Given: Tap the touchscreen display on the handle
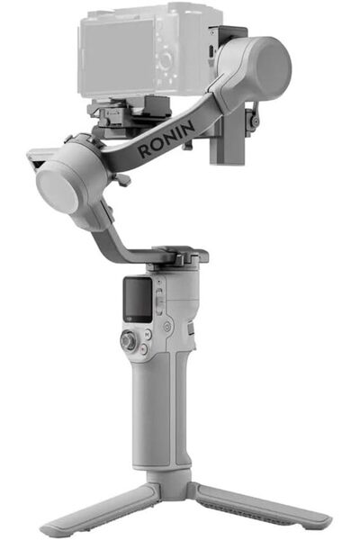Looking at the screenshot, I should point(138,294).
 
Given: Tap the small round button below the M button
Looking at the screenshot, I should point(158,341).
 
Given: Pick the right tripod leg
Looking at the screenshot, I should point(261,508).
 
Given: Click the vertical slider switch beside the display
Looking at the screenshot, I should point(159,295).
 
